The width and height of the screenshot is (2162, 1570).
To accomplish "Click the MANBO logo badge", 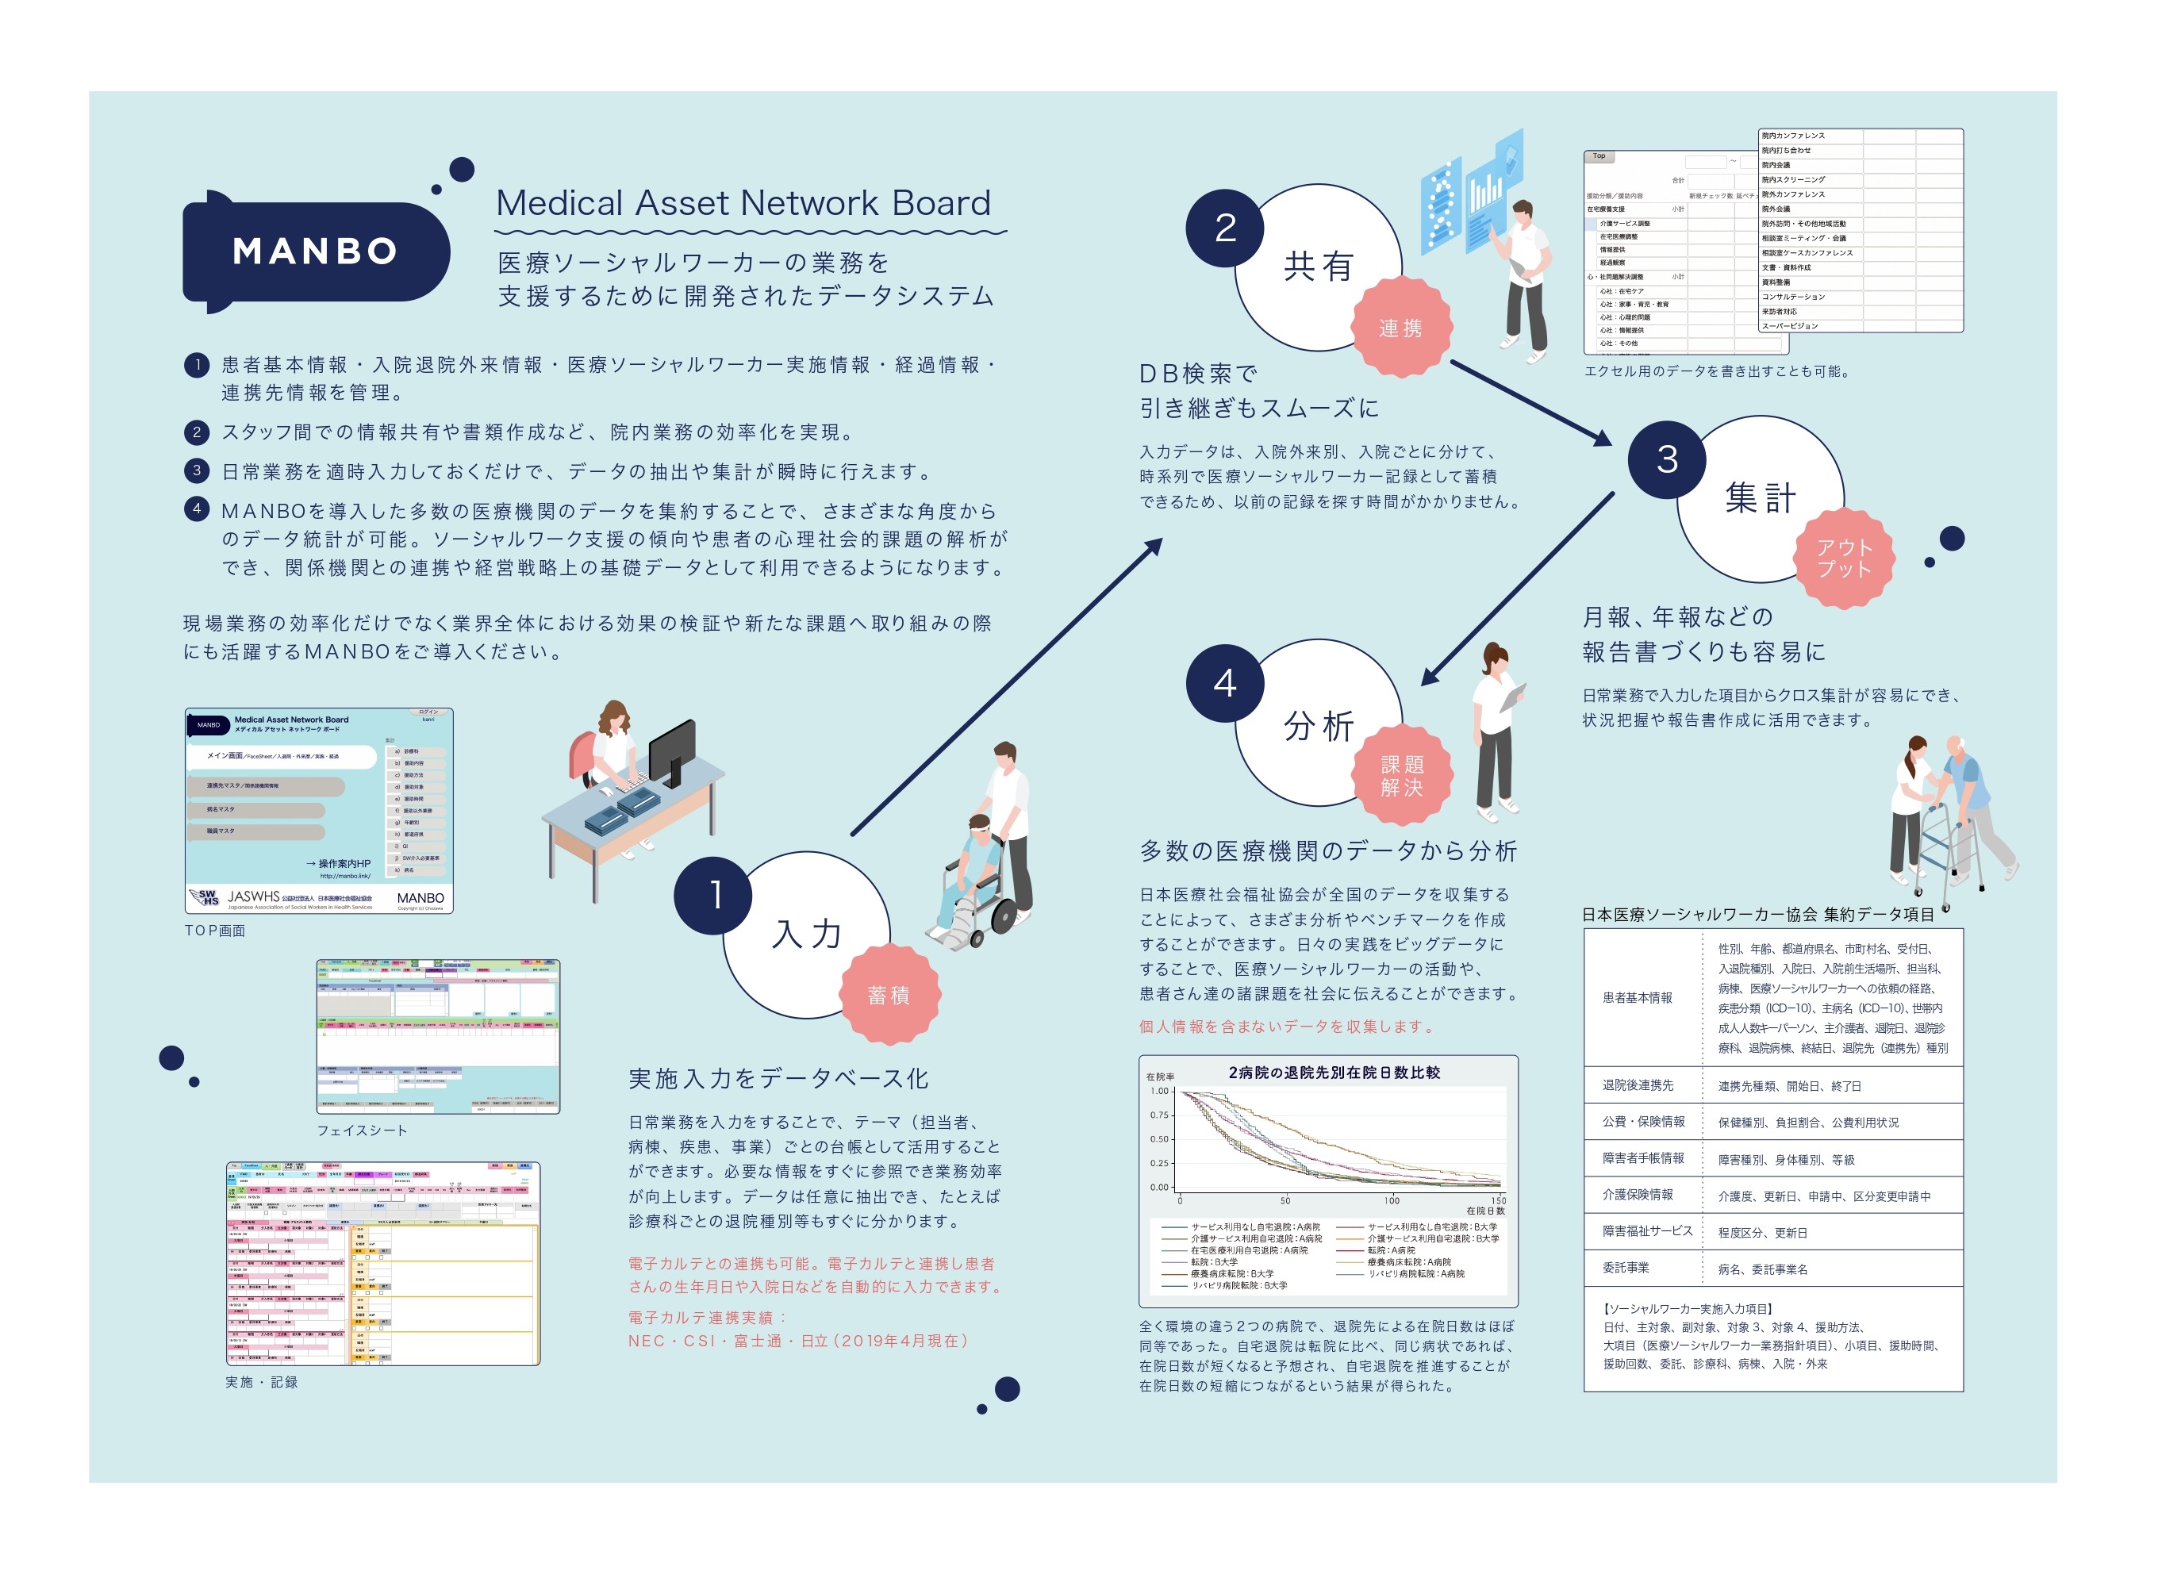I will point(314,251).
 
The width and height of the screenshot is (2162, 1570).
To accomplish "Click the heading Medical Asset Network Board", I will point(743,203).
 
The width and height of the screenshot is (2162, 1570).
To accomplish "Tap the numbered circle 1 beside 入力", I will point(714,895).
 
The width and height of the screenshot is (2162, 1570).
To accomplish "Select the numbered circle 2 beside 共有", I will point(1225,228).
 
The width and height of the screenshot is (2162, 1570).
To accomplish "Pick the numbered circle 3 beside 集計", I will point(1666,459).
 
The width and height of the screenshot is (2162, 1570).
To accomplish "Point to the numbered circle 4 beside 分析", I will point(1225,682).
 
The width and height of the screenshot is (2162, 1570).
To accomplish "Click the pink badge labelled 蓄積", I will point(889,995).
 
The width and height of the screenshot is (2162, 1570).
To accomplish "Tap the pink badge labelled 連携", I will point(1400,328).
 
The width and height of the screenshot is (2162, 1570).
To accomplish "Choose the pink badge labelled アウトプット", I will point(1844,559).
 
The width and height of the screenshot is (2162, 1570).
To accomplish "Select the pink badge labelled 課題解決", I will point(1401,776).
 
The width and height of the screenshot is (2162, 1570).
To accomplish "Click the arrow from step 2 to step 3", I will point(1530,402).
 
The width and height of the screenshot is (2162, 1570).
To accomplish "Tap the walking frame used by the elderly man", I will point(1949,848).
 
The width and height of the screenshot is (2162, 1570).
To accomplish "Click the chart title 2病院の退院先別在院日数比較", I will point(1334,1073).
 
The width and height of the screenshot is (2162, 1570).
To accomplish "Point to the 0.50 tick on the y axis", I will point(1159,1139).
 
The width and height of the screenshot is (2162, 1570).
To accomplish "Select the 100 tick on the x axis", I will point(1392,1200).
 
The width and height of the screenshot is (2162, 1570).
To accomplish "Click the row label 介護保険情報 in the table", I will point(1638,1196).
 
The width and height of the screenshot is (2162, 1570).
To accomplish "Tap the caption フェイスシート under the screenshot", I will point(363,1130).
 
